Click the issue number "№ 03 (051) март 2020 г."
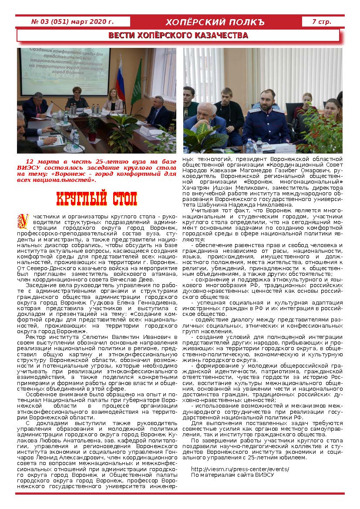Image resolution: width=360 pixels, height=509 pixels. tap(73, 21)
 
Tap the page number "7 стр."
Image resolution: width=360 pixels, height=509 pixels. tap(321, 21)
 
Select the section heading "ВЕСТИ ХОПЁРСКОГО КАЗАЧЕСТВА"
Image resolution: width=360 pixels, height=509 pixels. tap(178, 35)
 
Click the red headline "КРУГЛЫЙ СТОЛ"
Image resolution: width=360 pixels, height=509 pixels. tap(97, 198)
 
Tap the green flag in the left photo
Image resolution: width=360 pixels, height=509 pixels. tap(137, 83)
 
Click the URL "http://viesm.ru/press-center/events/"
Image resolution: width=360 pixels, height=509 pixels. tap(240, 469)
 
